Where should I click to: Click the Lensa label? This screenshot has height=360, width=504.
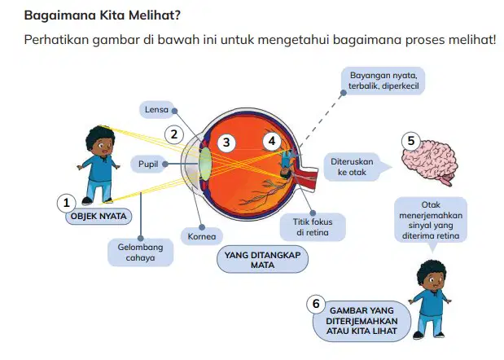pos(156,110)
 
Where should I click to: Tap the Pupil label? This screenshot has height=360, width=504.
pos(148,164)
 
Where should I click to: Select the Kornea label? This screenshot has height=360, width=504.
pos(202,236)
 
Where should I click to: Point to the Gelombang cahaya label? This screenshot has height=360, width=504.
pos(141,252)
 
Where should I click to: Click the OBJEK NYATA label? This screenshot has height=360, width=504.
pos(99,216)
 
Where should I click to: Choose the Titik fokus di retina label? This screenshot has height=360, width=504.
pos(313,227)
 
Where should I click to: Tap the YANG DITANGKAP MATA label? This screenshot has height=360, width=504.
pos(263,260)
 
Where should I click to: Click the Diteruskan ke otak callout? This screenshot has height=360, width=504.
pos(353,167)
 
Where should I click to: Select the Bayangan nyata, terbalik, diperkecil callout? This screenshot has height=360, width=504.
pos(383,81)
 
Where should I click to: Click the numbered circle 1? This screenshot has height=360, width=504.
pos(66,203)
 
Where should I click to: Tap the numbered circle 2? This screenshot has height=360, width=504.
pos(174,134)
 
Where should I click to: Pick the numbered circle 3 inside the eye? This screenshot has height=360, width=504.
pos(226,143)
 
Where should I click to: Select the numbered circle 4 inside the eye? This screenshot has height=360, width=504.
pos(272,141)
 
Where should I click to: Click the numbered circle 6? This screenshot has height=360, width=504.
pos(316,304)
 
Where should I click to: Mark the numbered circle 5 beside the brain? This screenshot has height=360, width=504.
pos(411,141)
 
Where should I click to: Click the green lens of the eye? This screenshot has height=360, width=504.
pos(205,164)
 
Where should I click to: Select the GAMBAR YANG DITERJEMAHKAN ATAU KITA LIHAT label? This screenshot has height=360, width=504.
pos(362,321)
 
